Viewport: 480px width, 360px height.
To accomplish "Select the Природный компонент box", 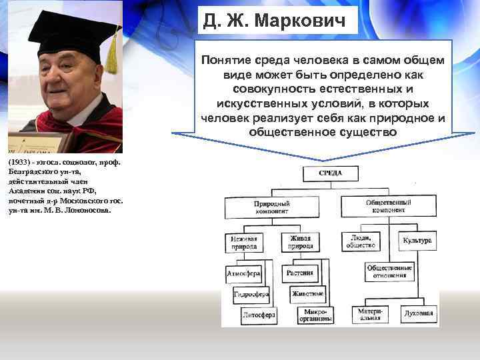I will click(271, 207).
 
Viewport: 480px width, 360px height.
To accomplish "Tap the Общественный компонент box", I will click(387, 207).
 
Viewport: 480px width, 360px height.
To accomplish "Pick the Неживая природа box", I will click(243, 242).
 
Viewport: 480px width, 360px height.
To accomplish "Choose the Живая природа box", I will click(301, 242).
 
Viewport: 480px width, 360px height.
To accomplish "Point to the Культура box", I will click(417, 241).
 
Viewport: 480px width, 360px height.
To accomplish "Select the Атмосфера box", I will click(243, 273).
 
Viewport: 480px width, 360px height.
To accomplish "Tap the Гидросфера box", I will click(251, 294).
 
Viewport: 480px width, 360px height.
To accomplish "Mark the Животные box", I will click(307, 293).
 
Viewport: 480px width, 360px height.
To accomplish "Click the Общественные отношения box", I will click(390, 272).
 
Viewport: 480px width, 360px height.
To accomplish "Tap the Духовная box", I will click(419, 313).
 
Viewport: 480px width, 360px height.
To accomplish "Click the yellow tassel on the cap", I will click(112, 57).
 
